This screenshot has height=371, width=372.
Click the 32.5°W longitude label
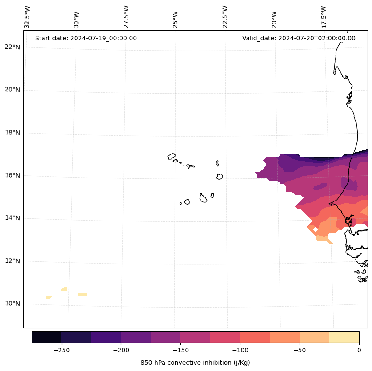(28, 17)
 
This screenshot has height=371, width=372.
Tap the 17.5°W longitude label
(324, 17)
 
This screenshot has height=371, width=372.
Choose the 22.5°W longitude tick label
(225, 17)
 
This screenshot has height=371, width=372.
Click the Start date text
(86, 38)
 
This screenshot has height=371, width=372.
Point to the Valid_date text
(299, 38)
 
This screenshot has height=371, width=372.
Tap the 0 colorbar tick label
(359, 350)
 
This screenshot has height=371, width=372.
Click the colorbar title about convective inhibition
(195, 363)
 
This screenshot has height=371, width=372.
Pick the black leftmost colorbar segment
(47, 337)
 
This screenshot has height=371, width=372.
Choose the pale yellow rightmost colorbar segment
(344, 337)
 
